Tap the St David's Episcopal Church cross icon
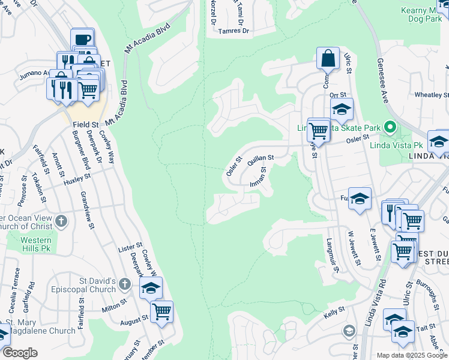coord(124,283)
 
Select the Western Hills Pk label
coord(36,244)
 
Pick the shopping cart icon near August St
coord(161,311)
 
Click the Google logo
coord(19,353)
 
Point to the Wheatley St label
coord(432,95)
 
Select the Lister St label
coord(130,247)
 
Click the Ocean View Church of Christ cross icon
coord(61,221)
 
